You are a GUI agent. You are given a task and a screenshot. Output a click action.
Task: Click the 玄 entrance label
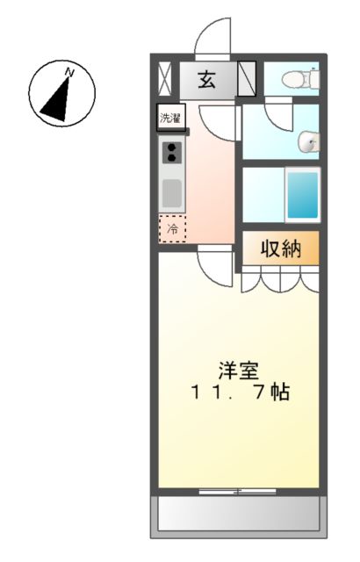tap(206, 80)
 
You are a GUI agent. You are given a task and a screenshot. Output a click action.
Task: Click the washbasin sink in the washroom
tap(308, 140)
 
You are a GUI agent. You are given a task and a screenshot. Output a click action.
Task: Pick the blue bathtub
tap(303, 196)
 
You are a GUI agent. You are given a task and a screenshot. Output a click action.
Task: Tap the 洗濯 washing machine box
tap(169, 117)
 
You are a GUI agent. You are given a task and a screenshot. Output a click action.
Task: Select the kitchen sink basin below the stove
tap(171, 191)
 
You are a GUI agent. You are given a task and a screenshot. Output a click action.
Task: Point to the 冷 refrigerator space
tap(172, 228)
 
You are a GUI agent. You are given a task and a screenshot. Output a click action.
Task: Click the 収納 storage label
tap(280, 249)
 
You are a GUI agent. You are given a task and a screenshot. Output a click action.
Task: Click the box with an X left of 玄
tap(165, 79)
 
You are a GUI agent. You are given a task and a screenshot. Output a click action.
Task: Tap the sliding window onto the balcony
tap(238, 491)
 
